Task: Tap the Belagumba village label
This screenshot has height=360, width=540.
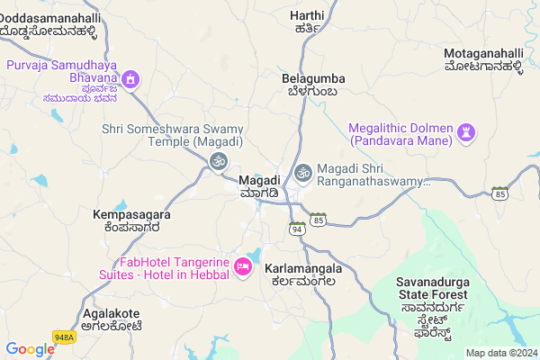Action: pos(310,85)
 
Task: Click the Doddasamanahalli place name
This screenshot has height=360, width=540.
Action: pos(50,23)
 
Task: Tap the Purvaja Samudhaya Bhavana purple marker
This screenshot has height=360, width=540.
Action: pos(130,80)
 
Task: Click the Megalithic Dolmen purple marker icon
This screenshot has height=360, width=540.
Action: pos(464,133)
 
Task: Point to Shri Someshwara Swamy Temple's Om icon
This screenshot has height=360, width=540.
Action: pos(217,161)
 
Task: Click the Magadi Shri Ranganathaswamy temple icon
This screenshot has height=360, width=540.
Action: pos(304,170)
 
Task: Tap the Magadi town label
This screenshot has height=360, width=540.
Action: pos(260,186)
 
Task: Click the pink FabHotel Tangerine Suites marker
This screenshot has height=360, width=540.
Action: pos(242,266)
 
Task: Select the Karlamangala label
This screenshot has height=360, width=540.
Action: pos(303,274)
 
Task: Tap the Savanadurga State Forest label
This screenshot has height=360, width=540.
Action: pos(432,294)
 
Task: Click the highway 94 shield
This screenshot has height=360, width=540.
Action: pos(297,227)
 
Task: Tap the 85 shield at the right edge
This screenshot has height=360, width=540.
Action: pos(500,192)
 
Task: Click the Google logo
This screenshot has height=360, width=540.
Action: pos(30,349)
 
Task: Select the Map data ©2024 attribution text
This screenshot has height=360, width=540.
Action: pos(499,352)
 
